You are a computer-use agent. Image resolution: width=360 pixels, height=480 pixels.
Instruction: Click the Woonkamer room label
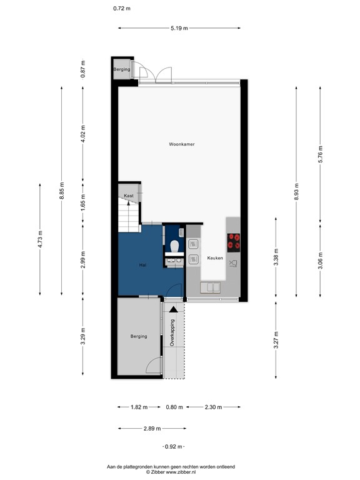click(181, 144)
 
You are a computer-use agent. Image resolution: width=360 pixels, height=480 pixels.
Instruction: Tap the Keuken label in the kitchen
click(215, 257)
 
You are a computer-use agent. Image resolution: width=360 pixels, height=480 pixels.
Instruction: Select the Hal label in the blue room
click(142, 266)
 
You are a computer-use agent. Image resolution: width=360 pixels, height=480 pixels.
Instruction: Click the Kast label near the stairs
click(129, 196)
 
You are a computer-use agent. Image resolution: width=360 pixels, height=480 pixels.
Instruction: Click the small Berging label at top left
click(121, 69)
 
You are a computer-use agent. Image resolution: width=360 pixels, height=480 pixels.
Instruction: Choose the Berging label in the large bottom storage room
click(139, 336)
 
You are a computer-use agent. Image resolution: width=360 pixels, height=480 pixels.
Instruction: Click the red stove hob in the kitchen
click(234, 241)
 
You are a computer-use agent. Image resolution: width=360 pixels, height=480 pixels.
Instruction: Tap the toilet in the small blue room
click(174, 246)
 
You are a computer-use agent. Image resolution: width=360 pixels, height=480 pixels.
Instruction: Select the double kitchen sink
click(211, 287)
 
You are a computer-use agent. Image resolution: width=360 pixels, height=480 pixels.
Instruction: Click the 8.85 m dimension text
click(61, 191)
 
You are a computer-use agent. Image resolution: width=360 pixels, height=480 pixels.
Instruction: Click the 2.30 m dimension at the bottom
click(213, 407)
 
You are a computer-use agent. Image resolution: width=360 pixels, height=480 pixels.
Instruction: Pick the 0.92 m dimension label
click(174, 446)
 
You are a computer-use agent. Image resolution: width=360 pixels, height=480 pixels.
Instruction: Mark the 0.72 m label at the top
click(122, 9)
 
